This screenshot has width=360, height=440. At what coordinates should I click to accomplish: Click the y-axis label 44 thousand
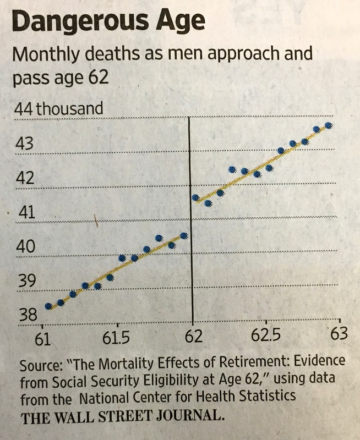coord(58,109)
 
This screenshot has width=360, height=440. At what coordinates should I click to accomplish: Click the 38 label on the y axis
coord(27,315)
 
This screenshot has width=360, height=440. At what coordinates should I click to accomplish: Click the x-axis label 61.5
coord(117,337)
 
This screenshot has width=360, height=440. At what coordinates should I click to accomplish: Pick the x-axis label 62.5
coord(265,337)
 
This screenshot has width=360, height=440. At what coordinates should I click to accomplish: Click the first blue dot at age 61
coord(48,306)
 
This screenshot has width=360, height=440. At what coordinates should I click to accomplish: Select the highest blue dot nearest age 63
coord(329,125)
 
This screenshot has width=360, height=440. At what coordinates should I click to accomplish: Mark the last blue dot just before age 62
coord(184,236)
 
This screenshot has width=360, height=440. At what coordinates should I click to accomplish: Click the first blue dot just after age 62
coord(195,197)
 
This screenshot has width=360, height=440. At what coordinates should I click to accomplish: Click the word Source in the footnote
coord(39,365)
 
